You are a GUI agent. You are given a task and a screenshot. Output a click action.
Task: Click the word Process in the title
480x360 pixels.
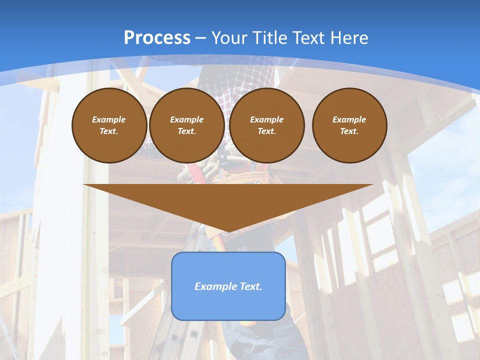pos(157,38)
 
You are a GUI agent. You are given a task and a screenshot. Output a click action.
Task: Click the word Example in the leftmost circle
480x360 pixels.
pos(109,119)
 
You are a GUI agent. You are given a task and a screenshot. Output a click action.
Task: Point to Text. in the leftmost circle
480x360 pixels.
pos(109,131)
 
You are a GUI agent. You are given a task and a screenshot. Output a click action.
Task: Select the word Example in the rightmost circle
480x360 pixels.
pos(349,119)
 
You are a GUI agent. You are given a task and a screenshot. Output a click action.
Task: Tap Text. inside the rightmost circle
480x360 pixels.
pos(349,131)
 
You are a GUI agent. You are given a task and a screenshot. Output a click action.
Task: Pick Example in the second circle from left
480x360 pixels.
pos(186,119)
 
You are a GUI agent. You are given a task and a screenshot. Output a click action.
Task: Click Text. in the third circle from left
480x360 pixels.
pos(266,131)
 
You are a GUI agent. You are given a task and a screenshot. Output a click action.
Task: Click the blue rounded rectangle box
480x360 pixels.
pos(228,305)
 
